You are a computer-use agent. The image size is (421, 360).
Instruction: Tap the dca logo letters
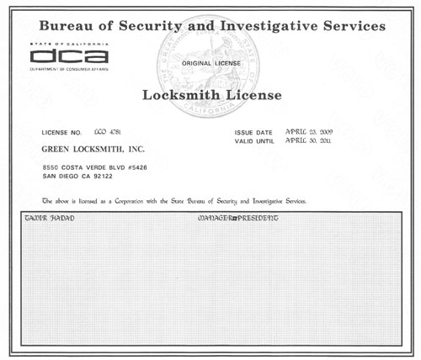[x=67, y=57]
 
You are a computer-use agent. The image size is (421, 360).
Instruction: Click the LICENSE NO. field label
[x=62, y=133]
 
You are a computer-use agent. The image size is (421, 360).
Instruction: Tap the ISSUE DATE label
[x=253, y=133]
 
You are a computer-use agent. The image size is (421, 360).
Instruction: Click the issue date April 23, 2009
[x=312, y=133]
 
